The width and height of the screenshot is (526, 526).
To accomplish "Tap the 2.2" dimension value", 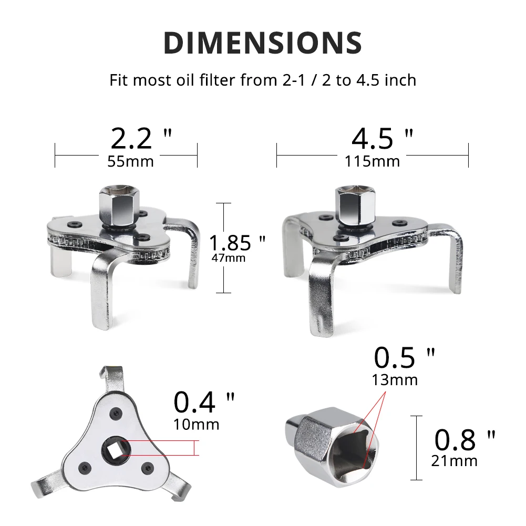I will click(x=141, y=138).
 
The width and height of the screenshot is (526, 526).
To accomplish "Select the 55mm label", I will click(x=130, y=161).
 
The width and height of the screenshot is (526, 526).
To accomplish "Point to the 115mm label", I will click(x=372, y=161).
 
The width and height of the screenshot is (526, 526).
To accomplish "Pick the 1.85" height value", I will click(x=237, y=243).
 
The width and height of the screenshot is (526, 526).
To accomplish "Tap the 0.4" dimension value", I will click(x=204, y=403).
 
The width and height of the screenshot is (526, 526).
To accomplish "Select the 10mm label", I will click(x=196, y=424).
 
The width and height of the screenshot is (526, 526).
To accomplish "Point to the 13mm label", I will click(x=395, y=379).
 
